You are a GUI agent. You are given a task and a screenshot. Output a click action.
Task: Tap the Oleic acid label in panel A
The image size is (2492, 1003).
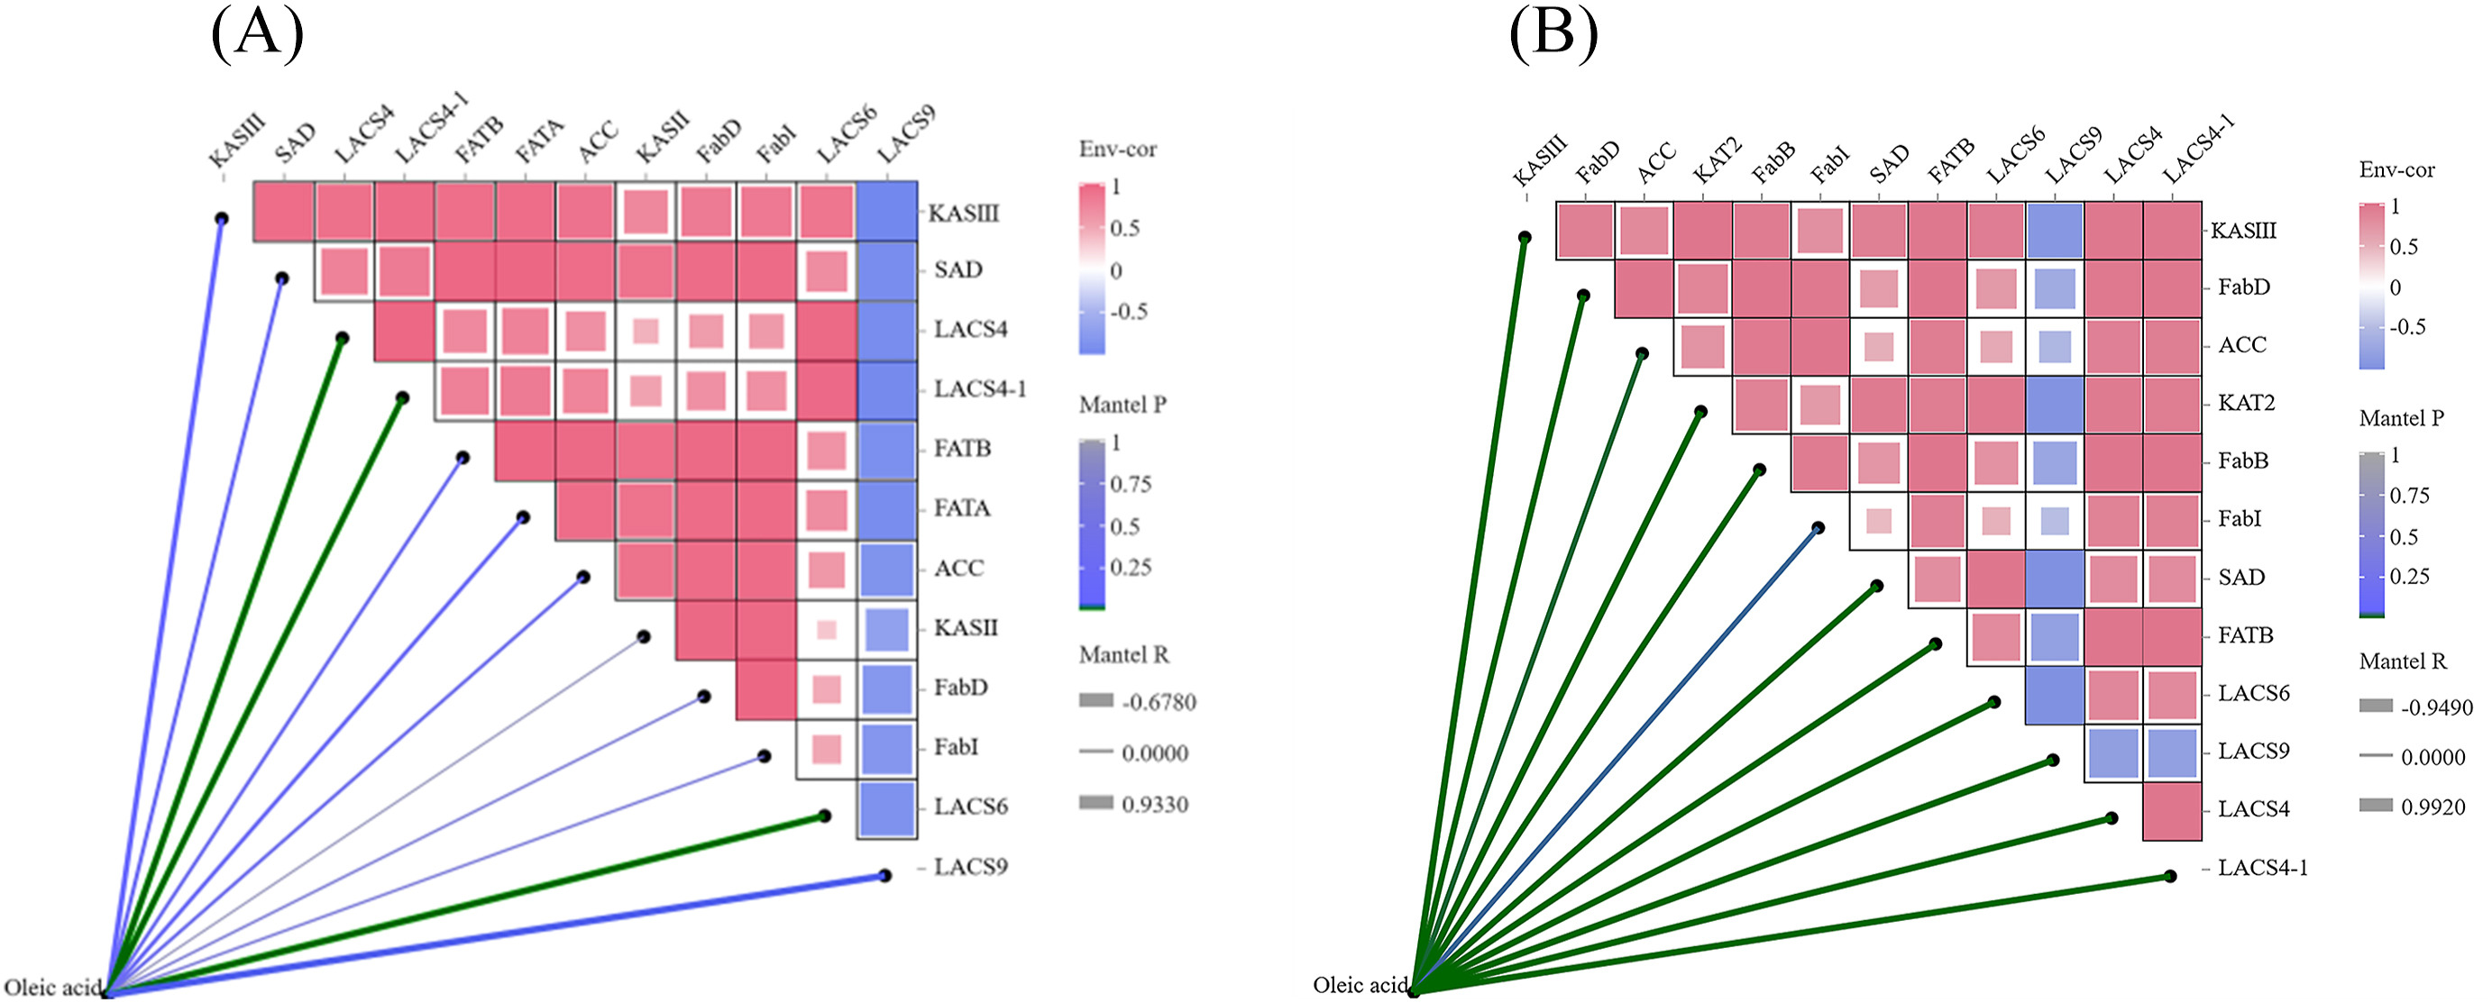tap(52, 988)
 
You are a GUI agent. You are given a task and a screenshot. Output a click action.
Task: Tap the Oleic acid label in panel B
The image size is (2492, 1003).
tap(1361, 985)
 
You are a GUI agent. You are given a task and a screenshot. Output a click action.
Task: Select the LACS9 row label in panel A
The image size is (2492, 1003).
tap(970, 867)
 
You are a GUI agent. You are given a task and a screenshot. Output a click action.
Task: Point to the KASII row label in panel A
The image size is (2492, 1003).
tap(966, 628)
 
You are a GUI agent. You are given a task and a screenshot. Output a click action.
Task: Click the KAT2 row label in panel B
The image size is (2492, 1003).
tap(2246, 402)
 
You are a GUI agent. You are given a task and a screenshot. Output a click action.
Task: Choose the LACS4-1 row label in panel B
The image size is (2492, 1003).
tap(2263, 868)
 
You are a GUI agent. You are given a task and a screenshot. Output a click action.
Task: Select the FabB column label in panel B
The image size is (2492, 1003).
tap(1773, 161)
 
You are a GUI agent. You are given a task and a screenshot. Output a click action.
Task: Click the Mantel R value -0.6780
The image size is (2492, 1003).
tap(1159, 702)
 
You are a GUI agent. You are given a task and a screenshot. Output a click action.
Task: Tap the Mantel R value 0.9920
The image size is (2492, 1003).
tap(2434, 807)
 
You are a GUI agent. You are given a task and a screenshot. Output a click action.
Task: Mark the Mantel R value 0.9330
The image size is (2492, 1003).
tap(1155, 805)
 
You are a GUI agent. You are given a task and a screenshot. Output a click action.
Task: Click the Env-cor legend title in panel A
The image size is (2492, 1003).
tap(1117, 149)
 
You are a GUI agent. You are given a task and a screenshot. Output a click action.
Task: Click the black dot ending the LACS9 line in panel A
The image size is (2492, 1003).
tap(884, 876)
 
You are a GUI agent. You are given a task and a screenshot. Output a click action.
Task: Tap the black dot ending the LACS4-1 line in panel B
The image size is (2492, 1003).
tap(2170, 876)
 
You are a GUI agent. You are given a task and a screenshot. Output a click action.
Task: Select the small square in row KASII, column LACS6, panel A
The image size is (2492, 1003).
tap(826, 630)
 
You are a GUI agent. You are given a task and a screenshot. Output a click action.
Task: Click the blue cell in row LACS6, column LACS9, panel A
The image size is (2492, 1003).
tap(886, 808)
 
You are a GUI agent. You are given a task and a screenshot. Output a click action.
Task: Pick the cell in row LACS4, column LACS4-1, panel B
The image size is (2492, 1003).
tap(2172, 811)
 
